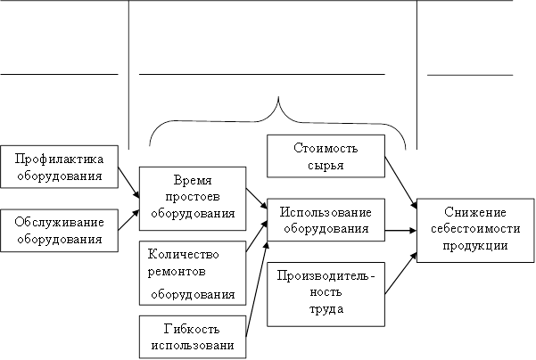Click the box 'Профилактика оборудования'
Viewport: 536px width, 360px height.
click(x=60, y=167)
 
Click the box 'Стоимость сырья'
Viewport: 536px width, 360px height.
click(x=326, y=156)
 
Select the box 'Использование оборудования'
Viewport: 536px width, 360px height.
click(x=326, y=220)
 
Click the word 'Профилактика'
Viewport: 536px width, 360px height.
click(x=60, y=160)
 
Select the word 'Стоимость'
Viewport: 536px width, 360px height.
click(x=326, y=148)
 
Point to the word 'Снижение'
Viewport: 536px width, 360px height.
click(x=474, y=213)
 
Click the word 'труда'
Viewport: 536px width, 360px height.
click(x=326, y=309)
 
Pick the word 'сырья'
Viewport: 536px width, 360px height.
click(x=326, y=165)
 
